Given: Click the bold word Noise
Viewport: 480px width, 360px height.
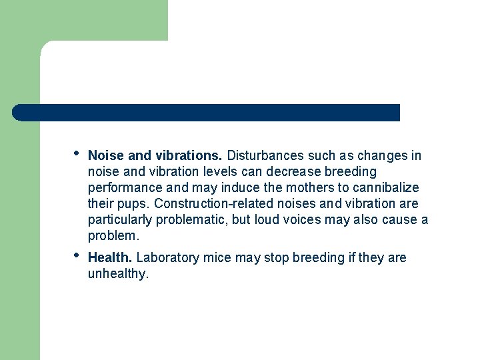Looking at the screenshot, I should (x=106, y=156).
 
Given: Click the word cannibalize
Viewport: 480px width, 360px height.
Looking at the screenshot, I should (x=387, y=188).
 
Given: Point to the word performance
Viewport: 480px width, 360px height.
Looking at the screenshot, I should (x=121, y=188).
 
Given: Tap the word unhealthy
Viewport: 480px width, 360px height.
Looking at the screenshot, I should (x=118, y=274).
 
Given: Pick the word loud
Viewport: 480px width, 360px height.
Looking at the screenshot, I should (x=266, y=220).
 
